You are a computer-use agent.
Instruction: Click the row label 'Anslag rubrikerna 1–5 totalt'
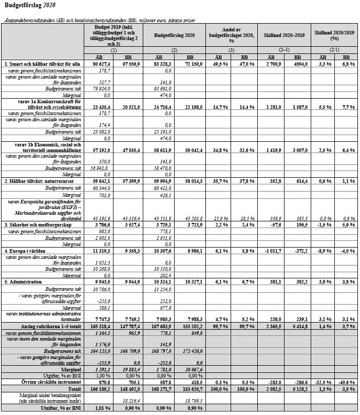pos(50,326)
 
